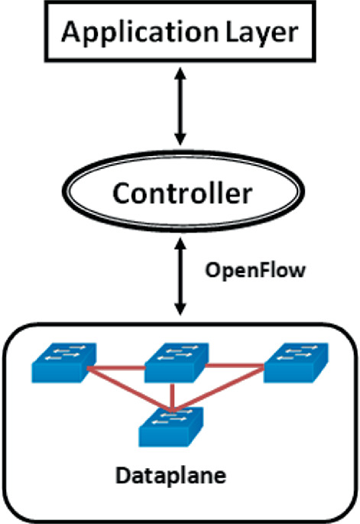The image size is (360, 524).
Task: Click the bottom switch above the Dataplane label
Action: click(x=172, y=425)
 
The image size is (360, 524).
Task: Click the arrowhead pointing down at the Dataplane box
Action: click(x=181, y=311)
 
